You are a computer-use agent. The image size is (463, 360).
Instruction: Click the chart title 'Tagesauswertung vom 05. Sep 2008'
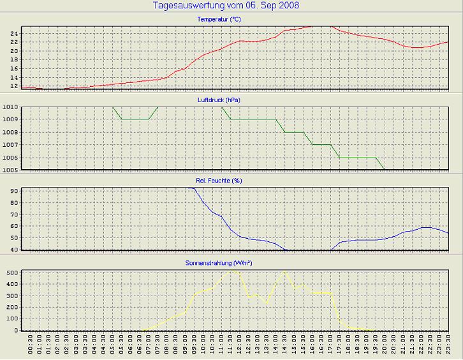(226, 6)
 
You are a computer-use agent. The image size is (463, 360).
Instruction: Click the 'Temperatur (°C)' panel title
(219, 20)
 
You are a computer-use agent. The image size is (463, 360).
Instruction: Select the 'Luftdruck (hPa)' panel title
(219, 100)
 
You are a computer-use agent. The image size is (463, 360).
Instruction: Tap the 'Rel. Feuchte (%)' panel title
(219, 181)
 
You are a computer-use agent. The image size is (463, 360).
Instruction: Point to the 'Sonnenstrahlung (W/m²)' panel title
(219, 262)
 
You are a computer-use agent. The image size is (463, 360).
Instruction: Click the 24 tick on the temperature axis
(14, 33)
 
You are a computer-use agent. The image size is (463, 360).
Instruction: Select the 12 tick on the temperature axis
(14, 86)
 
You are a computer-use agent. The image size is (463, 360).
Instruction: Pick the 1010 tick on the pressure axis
(10, 107)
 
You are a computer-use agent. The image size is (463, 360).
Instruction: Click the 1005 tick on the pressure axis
(10, 170)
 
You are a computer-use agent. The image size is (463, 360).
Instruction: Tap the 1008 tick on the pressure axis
(10, 132)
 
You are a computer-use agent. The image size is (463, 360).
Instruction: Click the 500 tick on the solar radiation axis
(11, 273)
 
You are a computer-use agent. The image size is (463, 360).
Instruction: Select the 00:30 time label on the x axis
(31, 345)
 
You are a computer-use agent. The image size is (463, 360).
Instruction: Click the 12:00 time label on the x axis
(239, 345)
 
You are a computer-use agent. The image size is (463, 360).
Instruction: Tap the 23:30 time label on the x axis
(448, 345)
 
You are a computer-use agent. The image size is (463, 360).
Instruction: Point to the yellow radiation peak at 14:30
(284, 272)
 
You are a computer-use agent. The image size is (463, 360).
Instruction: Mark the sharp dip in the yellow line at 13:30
(267, 301)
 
